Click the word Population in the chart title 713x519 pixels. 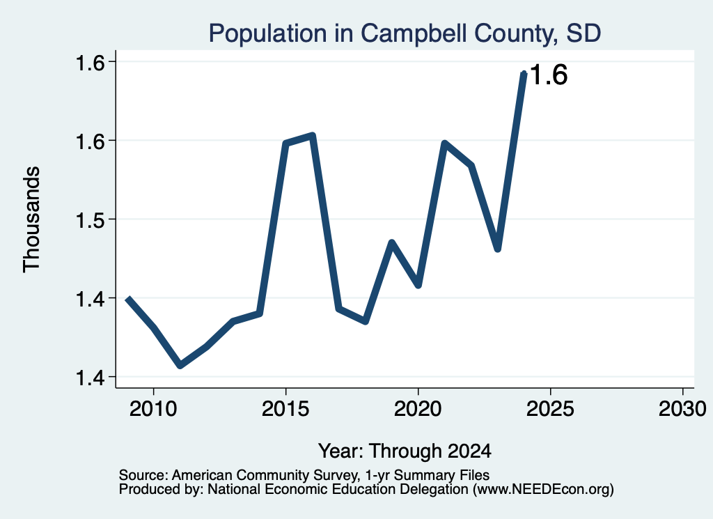(x=267, y=33)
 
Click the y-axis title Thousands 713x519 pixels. (x=32, y=219)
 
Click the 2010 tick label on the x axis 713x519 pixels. (x=153, y=408)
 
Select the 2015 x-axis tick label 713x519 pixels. (x=285, y=408)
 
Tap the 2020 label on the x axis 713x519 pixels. (x=418, y=408)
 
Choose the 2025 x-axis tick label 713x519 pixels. (x=550, y=408)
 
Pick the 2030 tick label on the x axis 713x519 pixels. (x=682, y=408)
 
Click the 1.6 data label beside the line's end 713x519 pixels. (x=549, y=75)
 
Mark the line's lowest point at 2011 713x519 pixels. (x=180, y=365)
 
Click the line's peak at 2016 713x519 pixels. (x=313, y=135)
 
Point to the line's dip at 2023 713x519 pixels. (x=497, y=249)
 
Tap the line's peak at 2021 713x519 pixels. (x=444, y=144)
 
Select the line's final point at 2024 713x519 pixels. (x=524, y=74)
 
